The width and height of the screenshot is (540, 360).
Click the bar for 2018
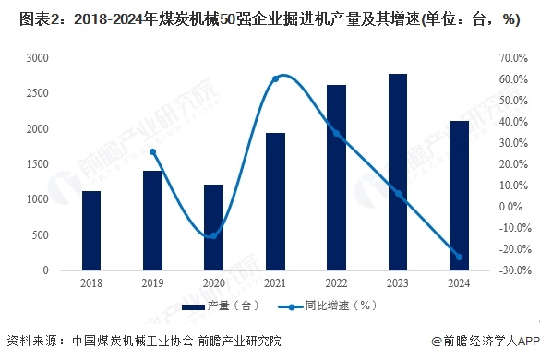tap(90, 231)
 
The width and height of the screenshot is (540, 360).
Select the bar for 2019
tap(152, 221)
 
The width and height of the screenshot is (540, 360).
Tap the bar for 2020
tap(213, 227)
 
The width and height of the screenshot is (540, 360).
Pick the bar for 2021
tap(275, 201)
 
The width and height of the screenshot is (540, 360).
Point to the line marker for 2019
tap(152, 152)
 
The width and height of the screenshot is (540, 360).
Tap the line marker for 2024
tap(459, 257)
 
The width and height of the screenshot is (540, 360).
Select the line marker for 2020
tap(213, 235)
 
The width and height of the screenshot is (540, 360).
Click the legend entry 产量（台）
tap(222, 306)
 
